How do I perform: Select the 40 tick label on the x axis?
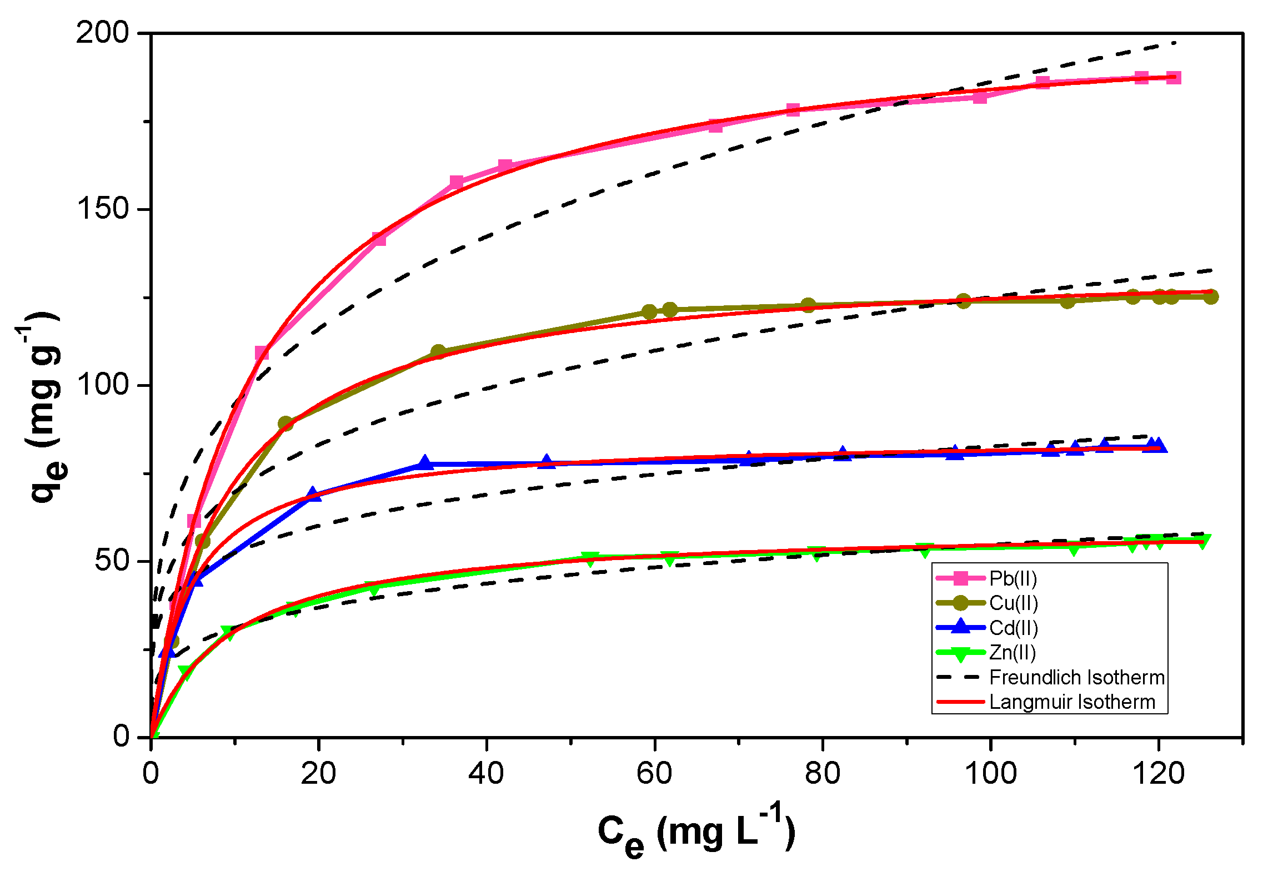pyautogui.click(x=486, y=773)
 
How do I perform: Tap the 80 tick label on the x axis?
pyautogui.click(x=822, y=773)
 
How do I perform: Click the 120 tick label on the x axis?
pyautogui.click(x=1158, y=773)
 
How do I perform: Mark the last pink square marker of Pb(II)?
pyautogui.click(x=1174, y=78)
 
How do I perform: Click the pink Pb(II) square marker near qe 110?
pyautogui.click(x=262, y=353)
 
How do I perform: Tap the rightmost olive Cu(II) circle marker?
pyautogui.click(x=1211, y=296)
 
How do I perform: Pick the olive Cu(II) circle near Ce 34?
pyautogui.click(x=438, y=352)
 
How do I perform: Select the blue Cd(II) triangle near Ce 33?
pyautogui.click(x=425, y=462)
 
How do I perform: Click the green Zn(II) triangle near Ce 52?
pyautogui.click(x=590, y=558)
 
